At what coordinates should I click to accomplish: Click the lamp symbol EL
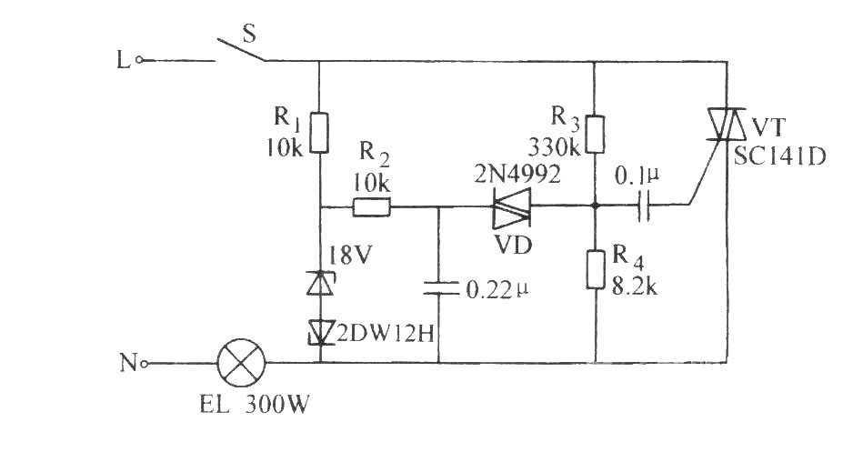pyautogui.click(x=242, y=363)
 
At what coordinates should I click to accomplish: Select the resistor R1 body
pyautogui.click(x=320, y=133)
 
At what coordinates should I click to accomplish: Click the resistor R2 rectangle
pyautogui.click(x=372, y=207)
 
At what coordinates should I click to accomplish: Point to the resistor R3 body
pyautogui.click(x=596, y=134)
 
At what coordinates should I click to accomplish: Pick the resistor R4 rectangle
pyautogui.click(x=596, y=269)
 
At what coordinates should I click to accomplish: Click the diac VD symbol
pyautogui.click(x=511, y=207)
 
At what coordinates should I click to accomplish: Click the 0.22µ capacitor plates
pyautogui.click(x=440, y=288)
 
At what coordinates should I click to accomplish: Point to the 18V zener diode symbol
pyautogui.click(x=320, y=283)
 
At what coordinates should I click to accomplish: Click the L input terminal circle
pyautogui.click(x=139, y=60)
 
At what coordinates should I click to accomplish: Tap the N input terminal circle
pyautogui.click(x=144, y=364)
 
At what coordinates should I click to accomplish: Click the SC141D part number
pyautogui.click(x=780, y=157)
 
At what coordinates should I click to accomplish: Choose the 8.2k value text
pyautogui.click(x=634, y=287)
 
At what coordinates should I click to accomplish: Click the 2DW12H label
pyautogui.click(x=386, y=332)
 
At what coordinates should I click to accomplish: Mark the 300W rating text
pyautogui.click(x=276, y=406)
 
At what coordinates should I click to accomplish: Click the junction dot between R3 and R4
pyautogui.click(x=596, y=206)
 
